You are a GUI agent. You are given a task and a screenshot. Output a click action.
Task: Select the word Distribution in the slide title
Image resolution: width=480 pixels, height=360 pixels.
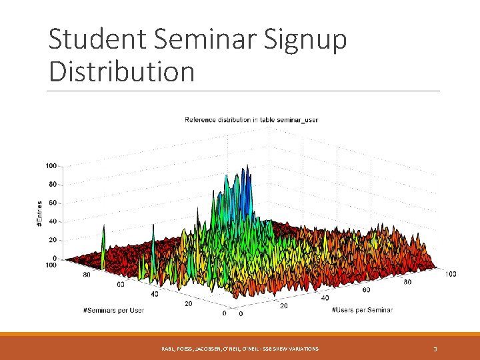[x=121, y=71]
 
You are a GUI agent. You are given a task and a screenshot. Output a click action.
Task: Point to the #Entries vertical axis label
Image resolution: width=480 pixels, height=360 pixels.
[x=39, y=215]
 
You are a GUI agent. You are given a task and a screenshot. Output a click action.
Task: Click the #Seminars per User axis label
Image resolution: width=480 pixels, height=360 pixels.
[x=113, y=310]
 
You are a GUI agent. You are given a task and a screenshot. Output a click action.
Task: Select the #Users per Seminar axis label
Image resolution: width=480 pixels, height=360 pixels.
[x=362, y=310]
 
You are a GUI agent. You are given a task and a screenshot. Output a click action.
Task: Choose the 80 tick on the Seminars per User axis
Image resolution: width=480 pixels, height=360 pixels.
[x=86, y=274]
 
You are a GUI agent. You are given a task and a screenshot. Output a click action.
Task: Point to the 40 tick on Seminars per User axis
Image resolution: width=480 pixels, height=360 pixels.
[x=155, y=293]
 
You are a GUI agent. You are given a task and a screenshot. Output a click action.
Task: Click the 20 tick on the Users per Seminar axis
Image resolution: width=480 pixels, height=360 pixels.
[x=284, y=306]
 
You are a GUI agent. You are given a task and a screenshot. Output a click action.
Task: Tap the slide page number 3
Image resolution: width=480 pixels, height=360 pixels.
[x=435, y=349]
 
